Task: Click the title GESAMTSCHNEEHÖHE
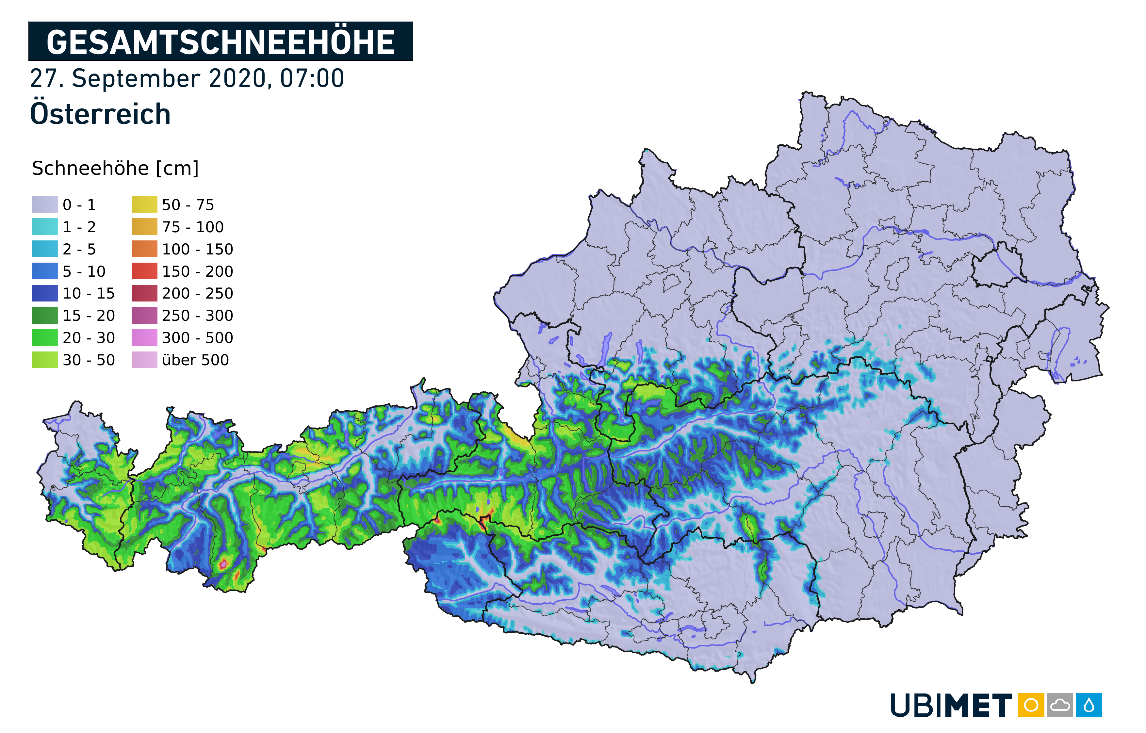[x=221, y=42]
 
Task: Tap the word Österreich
[x=100, y=114]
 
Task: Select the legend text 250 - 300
[x=198, y=316]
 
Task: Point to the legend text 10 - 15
[x=89, y=294]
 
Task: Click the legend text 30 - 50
[x=89, y=360]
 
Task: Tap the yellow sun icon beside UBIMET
[x=1031, y=705]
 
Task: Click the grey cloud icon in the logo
[x=1059, y=705]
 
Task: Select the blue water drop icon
[x=1089, y=705]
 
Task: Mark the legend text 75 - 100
[x=193, y=227]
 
